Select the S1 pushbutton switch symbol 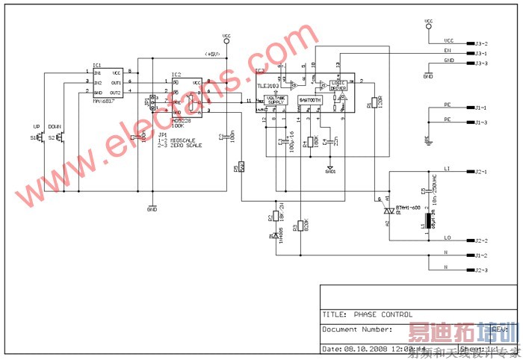pyautogui.click(x=42, y=137)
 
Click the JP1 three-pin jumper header pyautogui.click(x=155, y=102)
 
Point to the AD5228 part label pyautogui.click(x=182, y=120)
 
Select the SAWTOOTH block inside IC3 pyautogui.click(x=311, y=99)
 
